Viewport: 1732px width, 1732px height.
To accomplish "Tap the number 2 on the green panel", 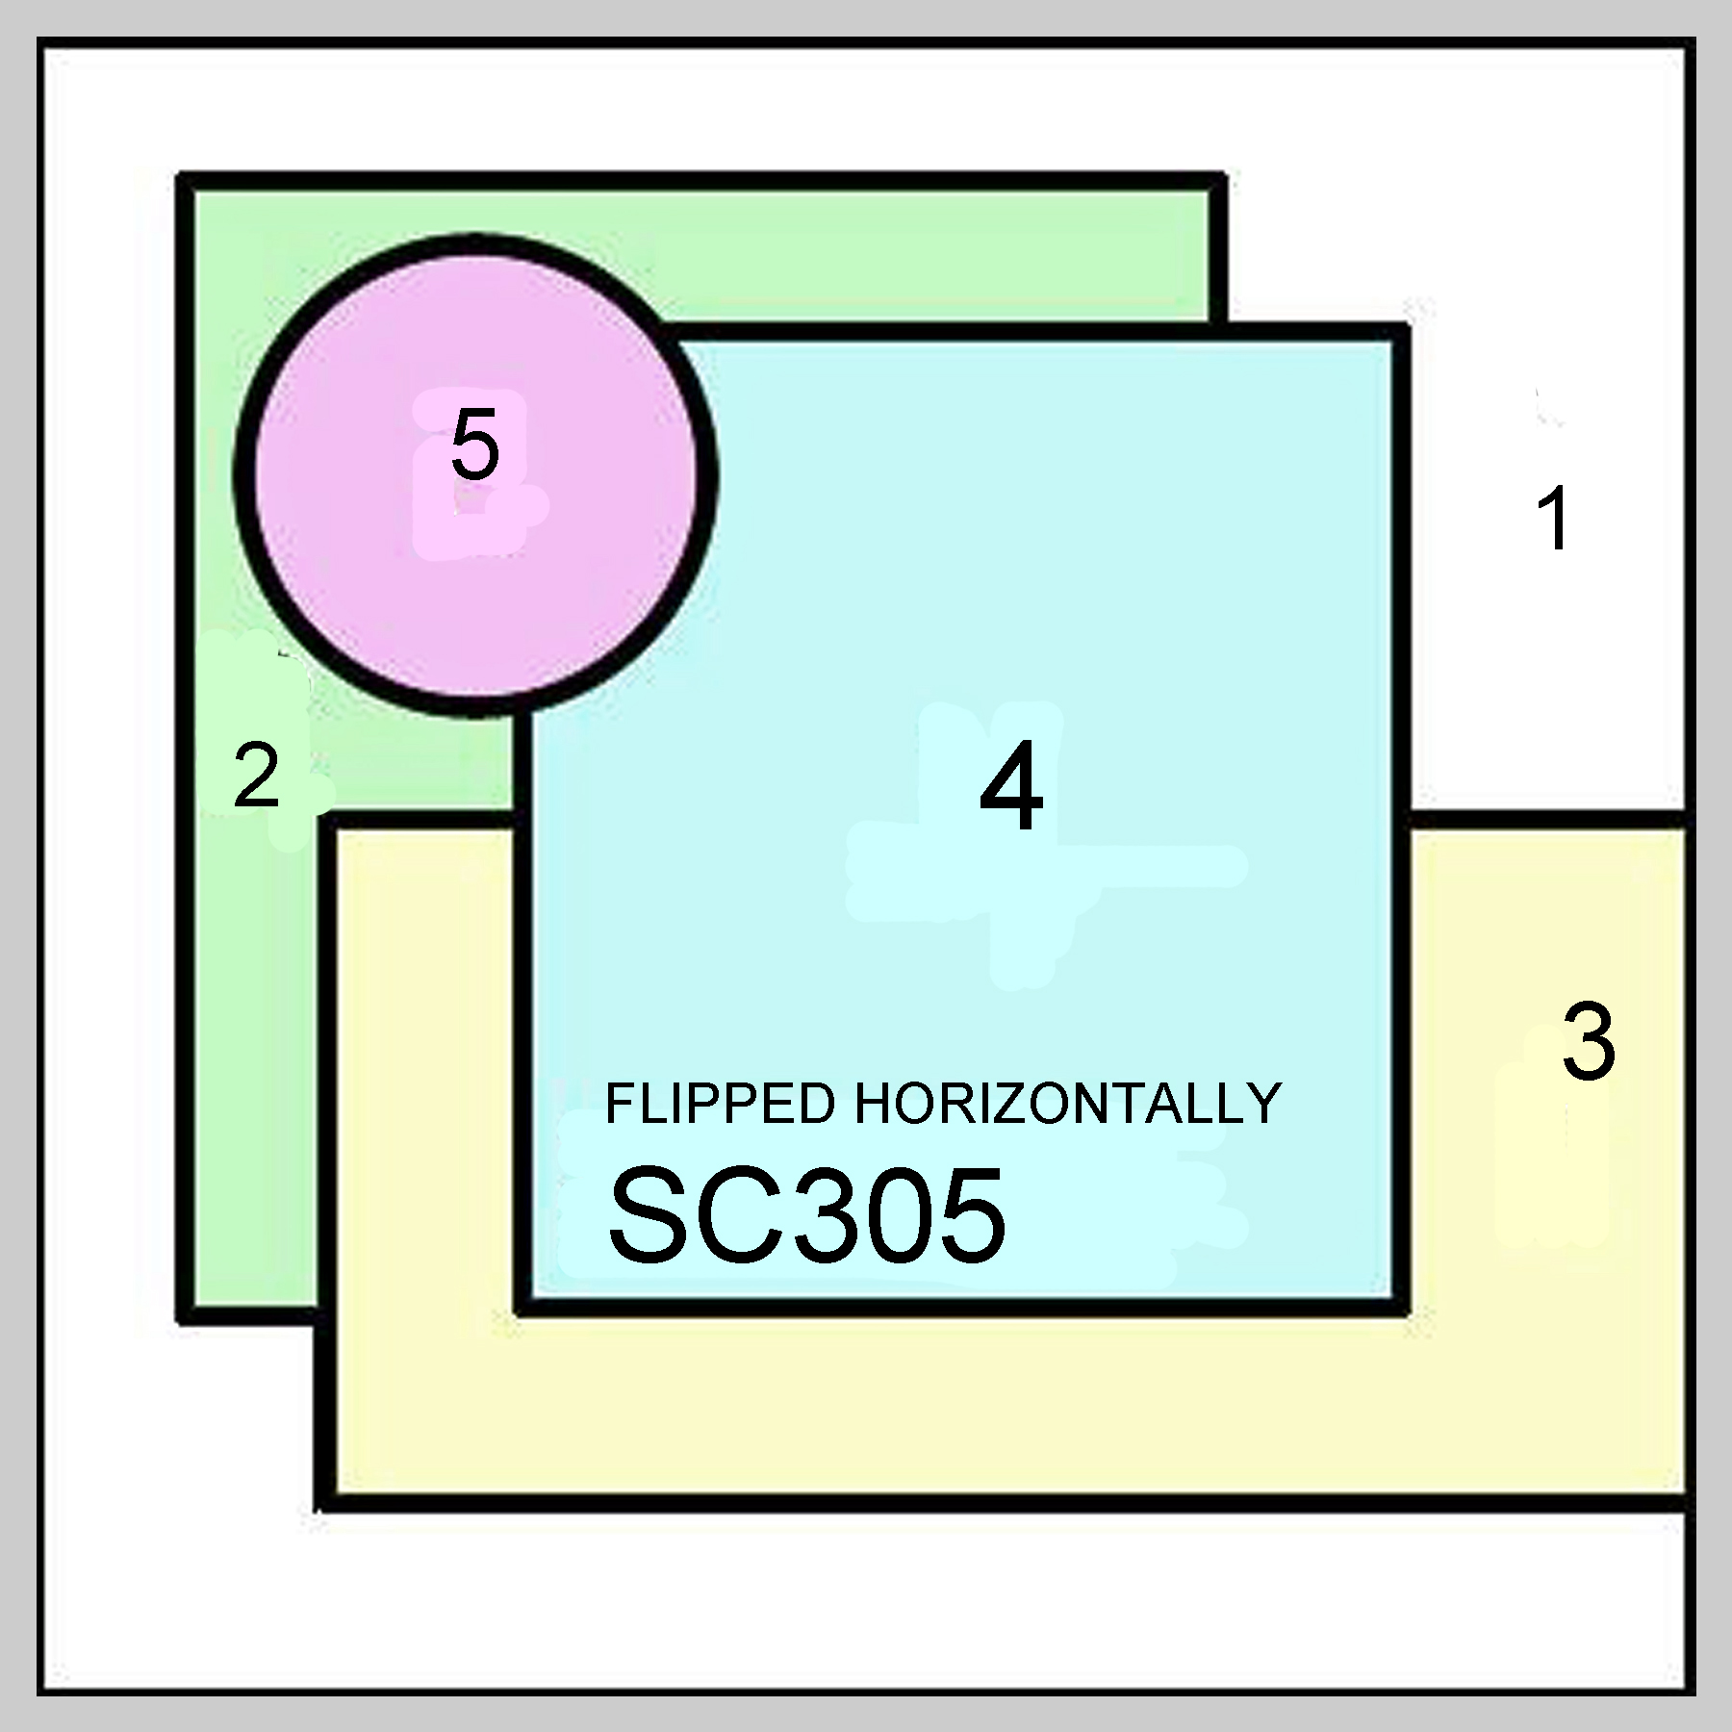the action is pyautogui.click(x=257, y=776).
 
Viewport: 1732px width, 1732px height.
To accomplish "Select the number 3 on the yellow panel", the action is pyautogui.click(x=1588, y=1043).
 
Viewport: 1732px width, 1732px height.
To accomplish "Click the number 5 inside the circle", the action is pyautogui.click(x=475, y=444).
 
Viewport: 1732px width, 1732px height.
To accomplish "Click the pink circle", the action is pyautogui.click(x=475, y=577).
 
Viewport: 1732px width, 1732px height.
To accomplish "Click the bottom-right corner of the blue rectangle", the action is pyautogui.click(x=1402, y=1308).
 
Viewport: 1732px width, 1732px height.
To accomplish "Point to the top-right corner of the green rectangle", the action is pyautogui.click(x=1217, y=182).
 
